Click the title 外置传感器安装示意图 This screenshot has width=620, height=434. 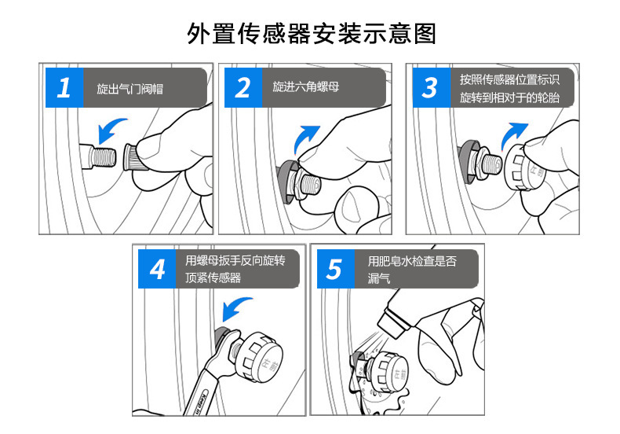pyautogui.click(x=312, y=33)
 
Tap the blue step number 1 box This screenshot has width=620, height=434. pyautogui.click(x=64, y=87)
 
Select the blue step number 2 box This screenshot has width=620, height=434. pyautogui.click(x=243, y=87)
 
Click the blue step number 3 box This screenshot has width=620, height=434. pyautogui.click(x=432, y=87)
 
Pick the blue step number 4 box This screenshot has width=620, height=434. pyautogui.click(x=157, y=269)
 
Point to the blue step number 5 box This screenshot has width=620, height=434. pyautogui.click(x=336, y=269)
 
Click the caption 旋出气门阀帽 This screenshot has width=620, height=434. pyautogui.click(x=130, y=89)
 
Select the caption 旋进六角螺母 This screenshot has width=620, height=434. pyautogui.click(x=305, y=86)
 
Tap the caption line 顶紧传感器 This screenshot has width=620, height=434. pyautogui.click(x=213, y=278)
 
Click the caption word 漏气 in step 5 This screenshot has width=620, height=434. pyautogui.click(x=379, y=278)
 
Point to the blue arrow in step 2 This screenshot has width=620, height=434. pyautogui.click(x=305, y=138)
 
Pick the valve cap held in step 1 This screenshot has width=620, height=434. pyautogui.click(x=133, y=157)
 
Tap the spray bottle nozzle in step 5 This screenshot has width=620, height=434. pyautogui.click(x=392, y=321)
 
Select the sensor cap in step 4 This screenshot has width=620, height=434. pyautogui.click(x=259, y=356)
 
